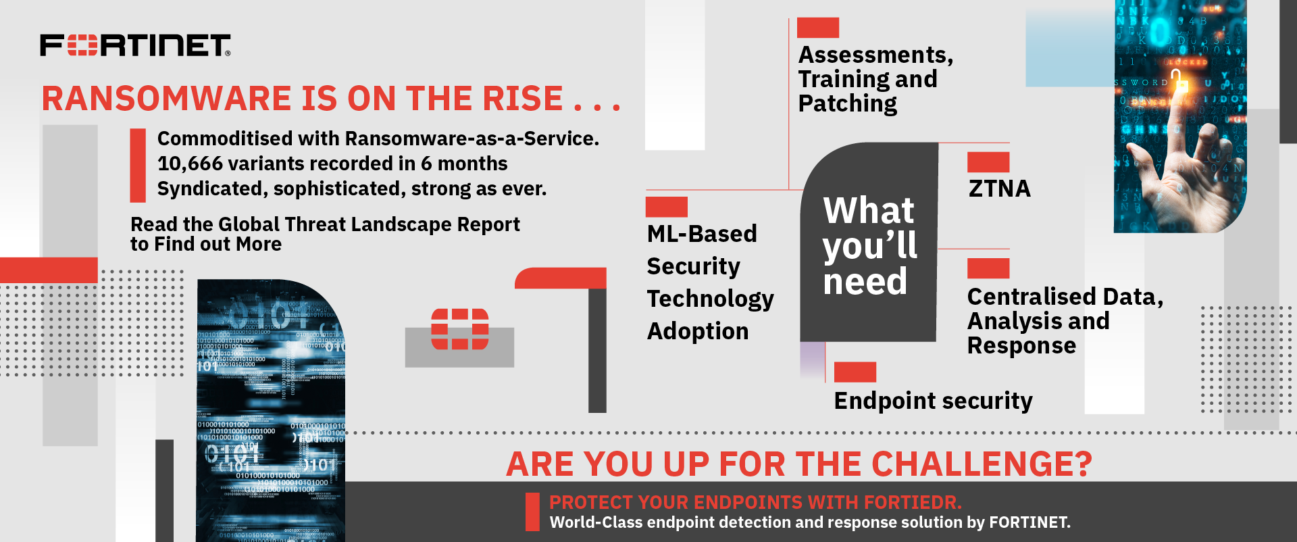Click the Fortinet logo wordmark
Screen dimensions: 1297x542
point(135,45)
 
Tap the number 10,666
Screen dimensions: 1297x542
point(190,164)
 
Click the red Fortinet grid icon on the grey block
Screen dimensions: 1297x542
point(460,329)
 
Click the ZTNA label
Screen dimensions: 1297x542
point(1000,189)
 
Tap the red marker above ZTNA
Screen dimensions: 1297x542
point(988,162)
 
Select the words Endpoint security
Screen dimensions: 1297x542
point(934,401)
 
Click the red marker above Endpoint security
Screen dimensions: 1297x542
point(855,372)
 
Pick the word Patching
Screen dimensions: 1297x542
point(848,104)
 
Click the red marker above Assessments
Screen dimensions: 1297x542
point(818,28)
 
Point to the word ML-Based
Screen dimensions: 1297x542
point(702,234)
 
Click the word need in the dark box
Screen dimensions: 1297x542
point(865,281)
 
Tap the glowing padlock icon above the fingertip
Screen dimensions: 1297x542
point(1179,82)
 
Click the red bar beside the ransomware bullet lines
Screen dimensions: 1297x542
point(138,166)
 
